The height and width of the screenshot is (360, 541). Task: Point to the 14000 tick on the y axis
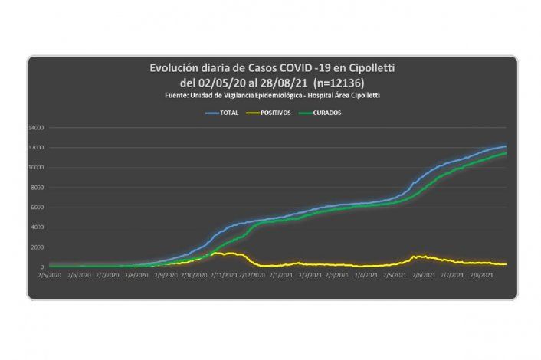click(x=36, y=127)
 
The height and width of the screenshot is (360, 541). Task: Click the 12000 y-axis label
click(x=36, y=147)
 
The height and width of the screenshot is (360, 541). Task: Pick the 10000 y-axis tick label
click(x=36, y=167)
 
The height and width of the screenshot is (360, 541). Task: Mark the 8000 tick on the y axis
click(x=38, y=187)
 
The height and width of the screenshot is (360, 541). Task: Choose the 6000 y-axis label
click(x=38, y=207)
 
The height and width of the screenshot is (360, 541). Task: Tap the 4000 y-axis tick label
click(x=38, y=227)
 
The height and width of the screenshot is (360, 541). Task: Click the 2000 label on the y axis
click(x=38, y=247)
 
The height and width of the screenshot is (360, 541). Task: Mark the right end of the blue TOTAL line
click(x=506, y=146)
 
